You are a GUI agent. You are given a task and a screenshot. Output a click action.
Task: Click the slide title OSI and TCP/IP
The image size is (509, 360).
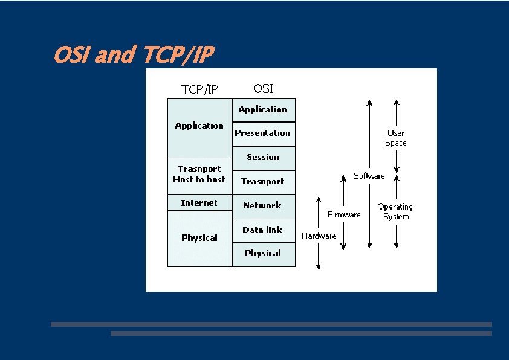pos(133,56)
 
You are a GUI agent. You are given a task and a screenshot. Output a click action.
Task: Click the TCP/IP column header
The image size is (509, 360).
pos(199,89)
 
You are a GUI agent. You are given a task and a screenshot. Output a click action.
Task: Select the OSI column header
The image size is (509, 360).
pos(263,88)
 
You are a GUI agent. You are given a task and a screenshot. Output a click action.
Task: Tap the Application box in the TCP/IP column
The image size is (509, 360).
pos(199,127)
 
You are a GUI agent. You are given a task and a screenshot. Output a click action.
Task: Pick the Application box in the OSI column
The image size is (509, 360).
pos(263,110)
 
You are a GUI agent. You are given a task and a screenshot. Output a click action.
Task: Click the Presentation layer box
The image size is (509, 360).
pos(263,133)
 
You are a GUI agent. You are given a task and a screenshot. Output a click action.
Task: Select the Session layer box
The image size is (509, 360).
pos(263,158)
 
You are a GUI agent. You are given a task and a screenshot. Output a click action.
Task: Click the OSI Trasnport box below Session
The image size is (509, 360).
pos(263,182)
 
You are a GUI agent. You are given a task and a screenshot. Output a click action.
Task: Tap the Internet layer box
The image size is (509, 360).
pos(199,203)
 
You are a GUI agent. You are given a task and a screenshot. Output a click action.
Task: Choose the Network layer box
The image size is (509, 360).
pos(263,206)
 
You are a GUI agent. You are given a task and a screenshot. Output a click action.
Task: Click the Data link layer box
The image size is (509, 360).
pos(263,230)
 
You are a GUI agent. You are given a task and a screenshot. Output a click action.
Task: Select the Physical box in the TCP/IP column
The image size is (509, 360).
pos(199,238)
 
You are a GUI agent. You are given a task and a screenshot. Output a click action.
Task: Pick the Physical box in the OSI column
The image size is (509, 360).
pos(263,254)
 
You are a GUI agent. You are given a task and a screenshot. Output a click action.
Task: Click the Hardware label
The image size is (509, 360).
pos(319,236)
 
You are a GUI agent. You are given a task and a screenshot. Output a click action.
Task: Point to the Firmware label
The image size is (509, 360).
pos(344,214)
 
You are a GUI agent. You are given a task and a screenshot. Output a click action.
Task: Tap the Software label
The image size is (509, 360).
pos(369,176)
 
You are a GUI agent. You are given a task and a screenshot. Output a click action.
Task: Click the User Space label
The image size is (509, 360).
pos(396,138)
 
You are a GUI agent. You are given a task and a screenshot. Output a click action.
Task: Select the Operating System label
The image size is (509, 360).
pos(395,211)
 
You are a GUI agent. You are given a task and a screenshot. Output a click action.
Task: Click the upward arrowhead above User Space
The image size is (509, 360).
pos(396,102)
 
